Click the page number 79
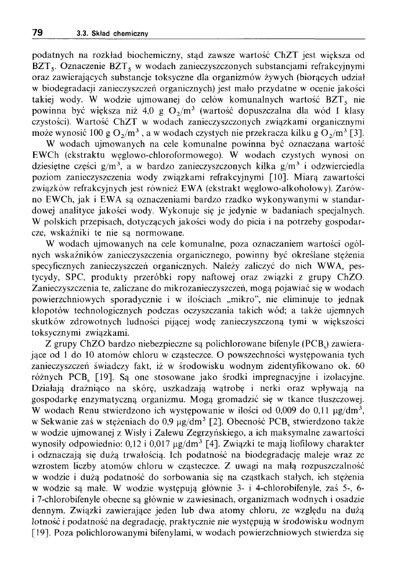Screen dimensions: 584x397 tap(38, 32)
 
